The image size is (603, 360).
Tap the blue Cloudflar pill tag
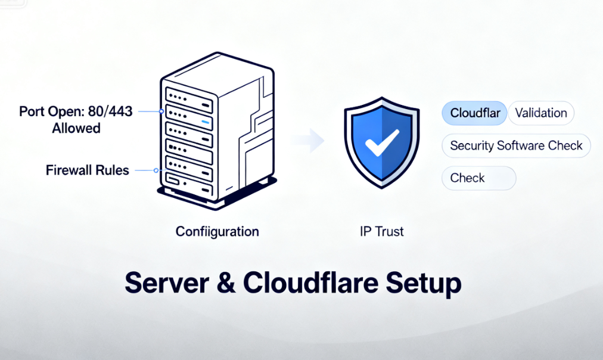tap(474, 113)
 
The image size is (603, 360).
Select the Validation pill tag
tap(541, 113)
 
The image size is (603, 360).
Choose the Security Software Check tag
tap(516, 145)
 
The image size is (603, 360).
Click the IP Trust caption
tap(381, 231)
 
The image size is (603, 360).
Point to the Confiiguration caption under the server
tap(217, 231)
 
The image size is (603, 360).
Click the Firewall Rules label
tap(87, 170)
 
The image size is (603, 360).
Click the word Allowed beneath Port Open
tap(76, 128)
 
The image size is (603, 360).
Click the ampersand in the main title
tap(229, 283)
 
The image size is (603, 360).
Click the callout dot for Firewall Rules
tap(156, 170)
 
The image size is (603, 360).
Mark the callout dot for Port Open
tap(161, 111)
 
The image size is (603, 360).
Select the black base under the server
tap(215, 198)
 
